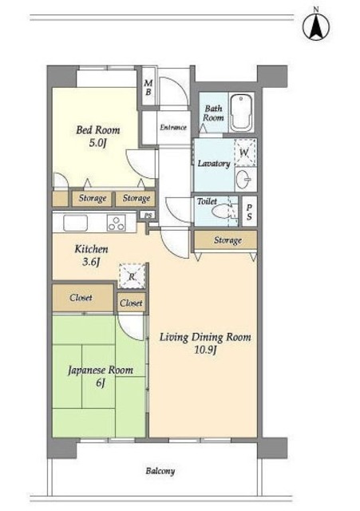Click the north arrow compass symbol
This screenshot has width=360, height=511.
coord(315,26)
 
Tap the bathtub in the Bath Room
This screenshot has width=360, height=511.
coord(241,113)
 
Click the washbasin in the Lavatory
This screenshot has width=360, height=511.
coord(243,180)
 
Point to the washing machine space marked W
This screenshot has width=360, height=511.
coord(245,153)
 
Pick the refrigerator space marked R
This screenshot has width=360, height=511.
coord(132,276)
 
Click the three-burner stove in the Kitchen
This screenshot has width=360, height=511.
coord(117,224)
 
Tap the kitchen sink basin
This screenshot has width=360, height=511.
coord(76,223)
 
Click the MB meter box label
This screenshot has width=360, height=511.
coord(148,87)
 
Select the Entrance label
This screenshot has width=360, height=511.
coord(173,128)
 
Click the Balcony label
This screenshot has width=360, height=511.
coord(160,471)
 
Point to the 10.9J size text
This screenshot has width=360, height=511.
coord(206,351)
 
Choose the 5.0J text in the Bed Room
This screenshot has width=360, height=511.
coord(97,144)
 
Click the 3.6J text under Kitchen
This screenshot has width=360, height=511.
coord(90,262)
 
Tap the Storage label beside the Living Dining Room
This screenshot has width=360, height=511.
coord(227,240)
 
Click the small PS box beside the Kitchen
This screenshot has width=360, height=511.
coord(148,215)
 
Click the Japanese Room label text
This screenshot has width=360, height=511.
coord(101,370)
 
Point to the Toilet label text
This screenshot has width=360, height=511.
coord(207,201)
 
